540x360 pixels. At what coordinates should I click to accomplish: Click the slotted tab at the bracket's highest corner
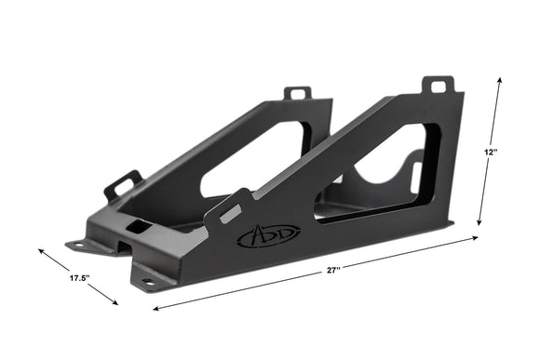(x=438, y=86)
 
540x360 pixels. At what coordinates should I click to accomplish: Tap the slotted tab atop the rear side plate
(x=297, y=93)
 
